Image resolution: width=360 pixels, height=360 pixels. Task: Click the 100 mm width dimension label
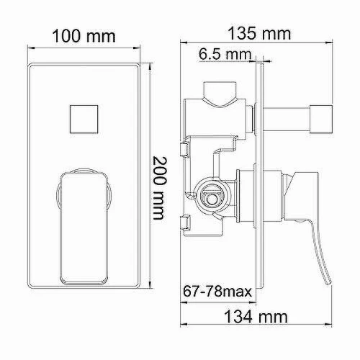pyautogui.click(x=84, y=36)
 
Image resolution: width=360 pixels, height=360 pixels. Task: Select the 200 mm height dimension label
pyautogui.click(x=159, y=188)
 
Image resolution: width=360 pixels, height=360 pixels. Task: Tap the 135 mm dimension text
pyautogui.click(x=259, y=33)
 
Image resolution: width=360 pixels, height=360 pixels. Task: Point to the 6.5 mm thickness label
pyautogui.click(x=225, y=54)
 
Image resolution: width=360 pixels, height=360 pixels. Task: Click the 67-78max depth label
pyautogui.click(x=217, y=292)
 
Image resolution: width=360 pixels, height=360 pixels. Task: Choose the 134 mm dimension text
pyautogui.click(x=256, y=317)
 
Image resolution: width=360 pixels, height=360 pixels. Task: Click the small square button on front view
pyautogui.click(x=84, y=119)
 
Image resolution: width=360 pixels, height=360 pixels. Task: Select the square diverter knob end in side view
pyautogui.click(x=321, y=120)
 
